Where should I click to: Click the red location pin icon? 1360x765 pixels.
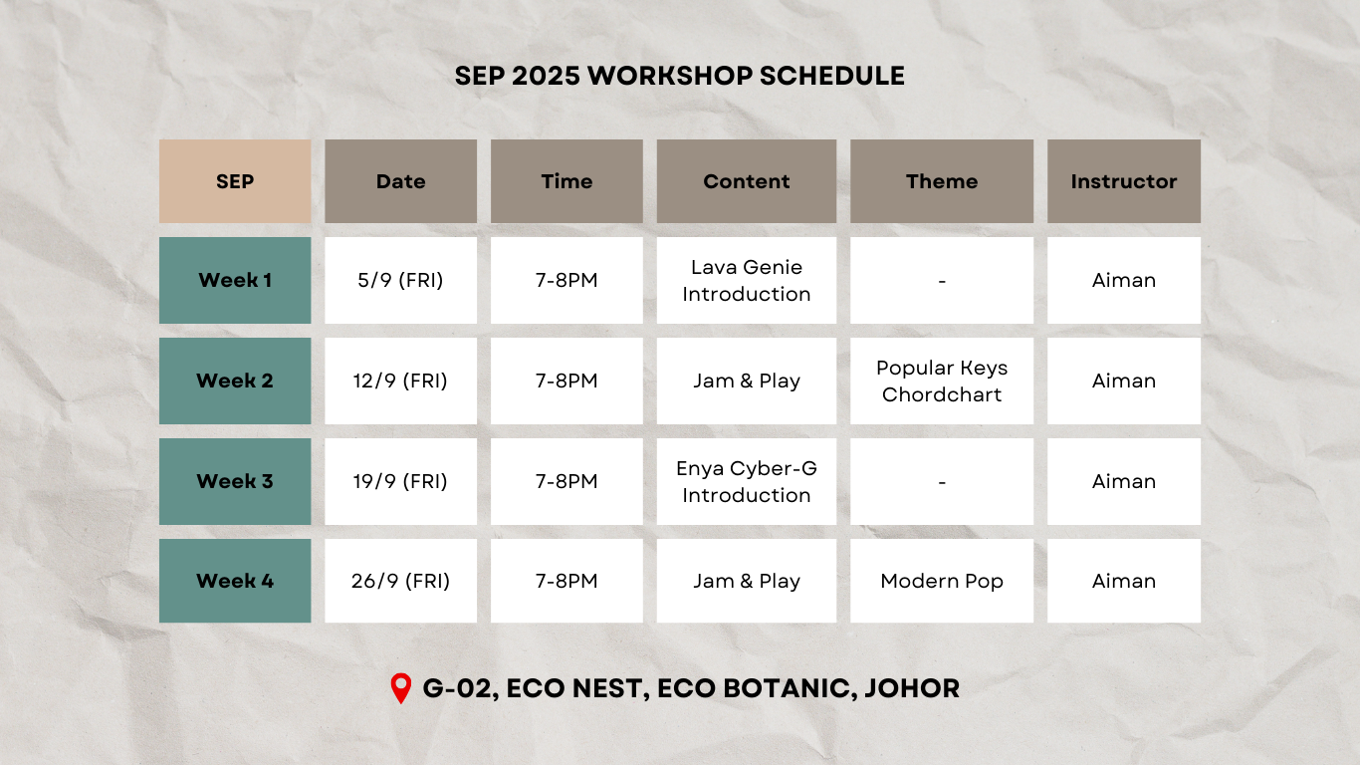400,688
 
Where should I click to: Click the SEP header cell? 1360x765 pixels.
235,181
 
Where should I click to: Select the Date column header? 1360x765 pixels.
400,181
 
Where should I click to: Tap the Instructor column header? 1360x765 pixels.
1124,181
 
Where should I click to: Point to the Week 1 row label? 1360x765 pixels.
235,280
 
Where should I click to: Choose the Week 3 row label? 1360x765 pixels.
235,481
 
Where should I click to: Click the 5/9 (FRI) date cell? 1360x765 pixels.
400,280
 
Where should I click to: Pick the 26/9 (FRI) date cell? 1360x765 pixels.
400,581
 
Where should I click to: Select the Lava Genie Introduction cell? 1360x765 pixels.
746,280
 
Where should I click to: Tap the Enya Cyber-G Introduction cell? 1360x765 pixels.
746,481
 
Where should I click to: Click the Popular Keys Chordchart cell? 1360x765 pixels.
942,381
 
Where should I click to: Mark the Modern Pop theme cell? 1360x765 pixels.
942,581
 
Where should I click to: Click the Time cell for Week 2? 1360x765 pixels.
567,381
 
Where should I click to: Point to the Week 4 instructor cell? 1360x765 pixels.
1124,581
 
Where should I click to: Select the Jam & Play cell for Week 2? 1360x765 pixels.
746,381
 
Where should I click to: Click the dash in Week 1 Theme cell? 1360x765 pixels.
942,281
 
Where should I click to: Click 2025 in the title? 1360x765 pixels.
546,76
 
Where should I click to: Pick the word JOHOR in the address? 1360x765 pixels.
912,688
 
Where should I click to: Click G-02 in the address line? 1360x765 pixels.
460,689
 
